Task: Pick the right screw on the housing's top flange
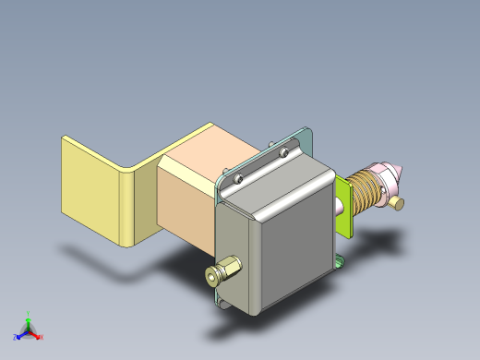coord(285,147)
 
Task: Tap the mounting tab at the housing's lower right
coord(341,265)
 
